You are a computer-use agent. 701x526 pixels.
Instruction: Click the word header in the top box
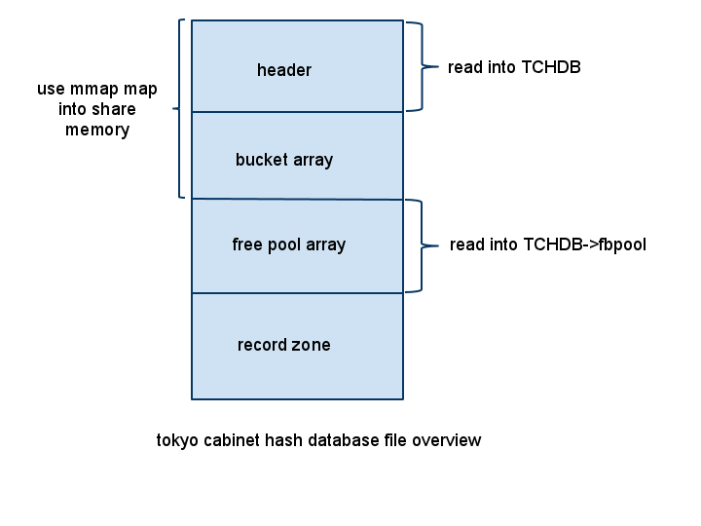pos(284,70)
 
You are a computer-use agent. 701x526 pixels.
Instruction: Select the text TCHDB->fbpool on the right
pos(585,244)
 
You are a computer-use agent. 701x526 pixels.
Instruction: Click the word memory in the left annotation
pos(97,130)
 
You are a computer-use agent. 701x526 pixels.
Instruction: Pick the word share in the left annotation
pos(115,109)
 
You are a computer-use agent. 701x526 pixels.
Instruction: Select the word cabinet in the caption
pos(232,440)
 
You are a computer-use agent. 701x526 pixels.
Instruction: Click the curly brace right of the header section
pos(423,66)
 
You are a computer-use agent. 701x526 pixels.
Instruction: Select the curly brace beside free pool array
pos(423,245)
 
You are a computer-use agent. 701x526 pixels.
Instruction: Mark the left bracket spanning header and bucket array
pos(178,108)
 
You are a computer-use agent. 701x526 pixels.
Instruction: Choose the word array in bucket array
pos(313,160)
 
